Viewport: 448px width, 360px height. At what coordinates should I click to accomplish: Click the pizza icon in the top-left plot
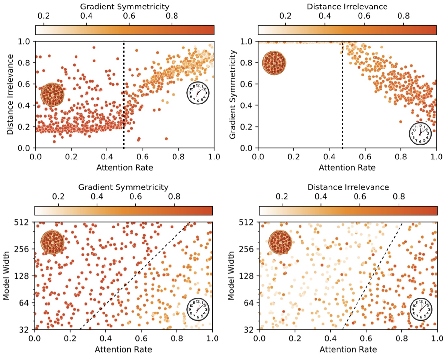coord(52,95)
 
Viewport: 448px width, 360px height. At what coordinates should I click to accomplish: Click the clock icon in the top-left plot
coord(198,93)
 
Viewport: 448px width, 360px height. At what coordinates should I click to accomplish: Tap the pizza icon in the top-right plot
coord(274,63)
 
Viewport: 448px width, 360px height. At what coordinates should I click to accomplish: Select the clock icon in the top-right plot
coord(420,133)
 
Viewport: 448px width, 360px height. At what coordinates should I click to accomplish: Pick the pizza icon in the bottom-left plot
coord(52,242)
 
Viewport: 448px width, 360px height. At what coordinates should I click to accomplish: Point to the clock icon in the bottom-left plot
coord(198,309)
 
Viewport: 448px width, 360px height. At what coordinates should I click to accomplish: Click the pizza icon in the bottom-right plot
coord(280,242)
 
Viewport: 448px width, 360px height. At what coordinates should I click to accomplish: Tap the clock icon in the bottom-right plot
coord(421,309)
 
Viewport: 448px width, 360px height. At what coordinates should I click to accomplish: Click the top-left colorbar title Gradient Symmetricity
coord(125,7)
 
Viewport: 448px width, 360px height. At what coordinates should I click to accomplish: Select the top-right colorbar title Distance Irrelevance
coord(347,7)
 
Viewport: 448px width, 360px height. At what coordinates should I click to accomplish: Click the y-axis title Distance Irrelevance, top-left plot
coord(10,94)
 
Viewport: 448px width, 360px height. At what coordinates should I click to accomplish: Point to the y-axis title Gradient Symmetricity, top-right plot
coord(232,94)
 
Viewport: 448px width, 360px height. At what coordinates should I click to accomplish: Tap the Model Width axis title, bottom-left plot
coord(7,276)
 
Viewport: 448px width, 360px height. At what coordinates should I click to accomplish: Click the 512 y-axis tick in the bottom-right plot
coord(246,222)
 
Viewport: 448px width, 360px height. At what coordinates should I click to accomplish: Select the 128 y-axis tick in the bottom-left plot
coord(21,276)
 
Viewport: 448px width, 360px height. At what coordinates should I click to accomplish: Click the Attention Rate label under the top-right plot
coord(347,168)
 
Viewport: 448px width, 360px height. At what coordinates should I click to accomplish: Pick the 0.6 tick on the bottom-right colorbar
coord(360,197)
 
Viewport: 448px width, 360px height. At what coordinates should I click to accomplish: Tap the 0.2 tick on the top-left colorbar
coord(44,16)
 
